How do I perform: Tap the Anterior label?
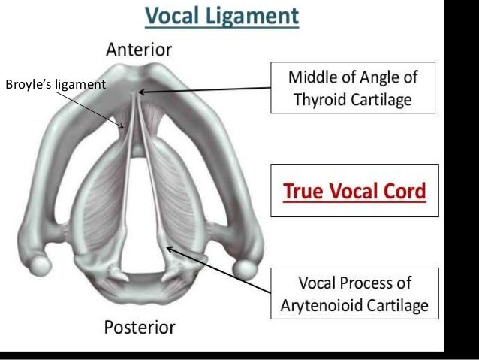[139, 50]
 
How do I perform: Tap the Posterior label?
[139, 328]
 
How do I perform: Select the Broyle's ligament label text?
[56, 84]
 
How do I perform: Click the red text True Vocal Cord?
[353, 191]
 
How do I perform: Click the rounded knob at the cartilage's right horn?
[243, 267]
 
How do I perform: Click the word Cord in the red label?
[405, 191]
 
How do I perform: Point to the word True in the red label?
[300, 191]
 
